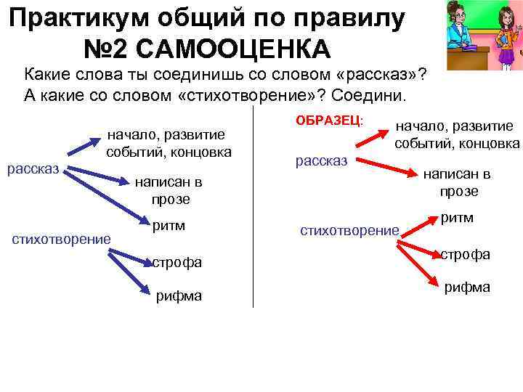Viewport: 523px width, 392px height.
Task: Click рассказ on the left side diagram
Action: [x=33, y=169]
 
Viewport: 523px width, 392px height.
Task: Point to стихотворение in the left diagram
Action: [x=62, y=239]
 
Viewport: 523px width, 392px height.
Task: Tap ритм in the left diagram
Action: [x=169, y=226]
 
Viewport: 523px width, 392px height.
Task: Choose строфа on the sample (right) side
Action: [x=465, y=255]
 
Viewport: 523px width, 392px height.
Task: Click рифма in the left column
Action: [x=179, y=295]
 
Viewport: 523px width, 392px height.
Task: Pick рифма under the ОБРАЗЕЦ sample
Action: [x=466, y=287]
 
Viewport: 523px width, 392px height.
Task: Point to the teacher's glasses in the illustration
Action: [x=461, y=13]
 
